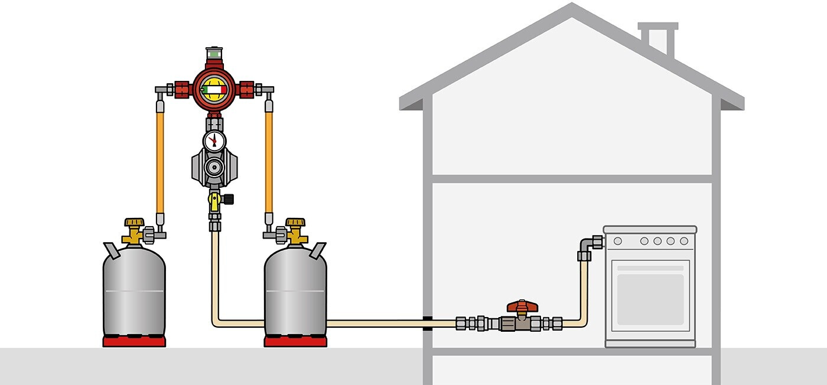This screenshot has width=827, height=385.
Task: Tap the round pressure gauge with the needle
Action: click(x=214, y=141)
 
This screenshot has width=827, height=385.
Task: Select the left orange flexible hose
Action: click(x=159, y=163)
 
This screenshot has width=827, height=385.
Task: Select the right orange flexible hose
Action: click(x=269, y=163)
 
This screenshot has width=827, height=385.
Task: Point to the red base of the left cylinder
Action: click(x=134, y=341)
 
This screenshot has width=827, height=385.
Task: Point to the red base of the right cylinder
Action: click(x=295, y=341)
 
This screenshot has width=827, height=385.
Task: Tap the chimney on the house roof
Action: click(x=657, y=38)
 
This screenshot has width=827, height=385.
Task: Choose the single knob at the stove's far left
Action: click(x=617, y=241)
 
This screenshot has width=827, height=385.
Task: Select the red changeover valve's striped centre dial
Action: click(x=214, y=90)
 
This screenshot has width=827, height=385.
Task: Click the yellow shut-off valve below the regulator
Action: click(x=214, y=200)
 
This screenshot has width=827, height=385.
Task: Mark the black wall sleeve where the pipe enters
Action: click(x=426, y=323)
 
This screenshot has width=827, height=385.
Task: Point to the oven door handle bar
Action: click(x=650, y=267)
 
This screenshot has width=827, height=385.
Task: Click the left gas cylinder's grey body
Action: click(x=134, y=292)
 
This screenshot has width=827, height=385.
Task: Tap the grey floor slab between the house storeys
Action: click(x=572, y=178)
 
